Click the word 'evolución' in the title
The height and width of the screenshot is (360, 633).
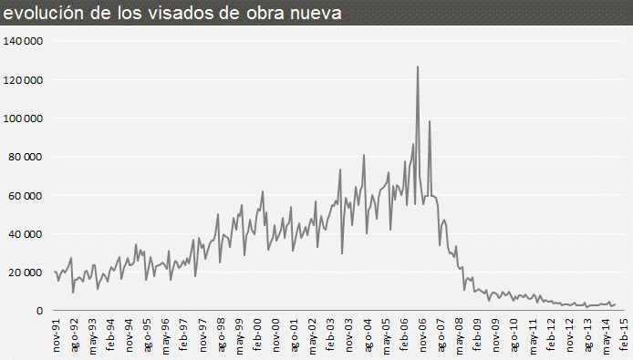point(40,13)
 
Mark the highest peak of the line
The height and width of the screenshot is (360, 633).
point(418,67)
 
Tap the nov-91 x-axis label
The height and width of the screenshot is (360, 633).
point(57,335)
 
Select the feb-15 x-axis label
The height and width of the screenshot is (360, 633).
point(624,335)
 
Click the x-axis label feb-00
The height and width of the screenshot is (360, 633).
point(257,335)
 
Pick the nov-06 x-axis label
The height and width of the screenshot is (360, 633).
point(422,335)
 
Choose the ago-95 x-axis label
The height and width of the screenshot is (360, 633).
point(148,335)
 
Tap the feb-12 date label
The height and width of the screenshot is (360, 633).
point(551,335)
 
